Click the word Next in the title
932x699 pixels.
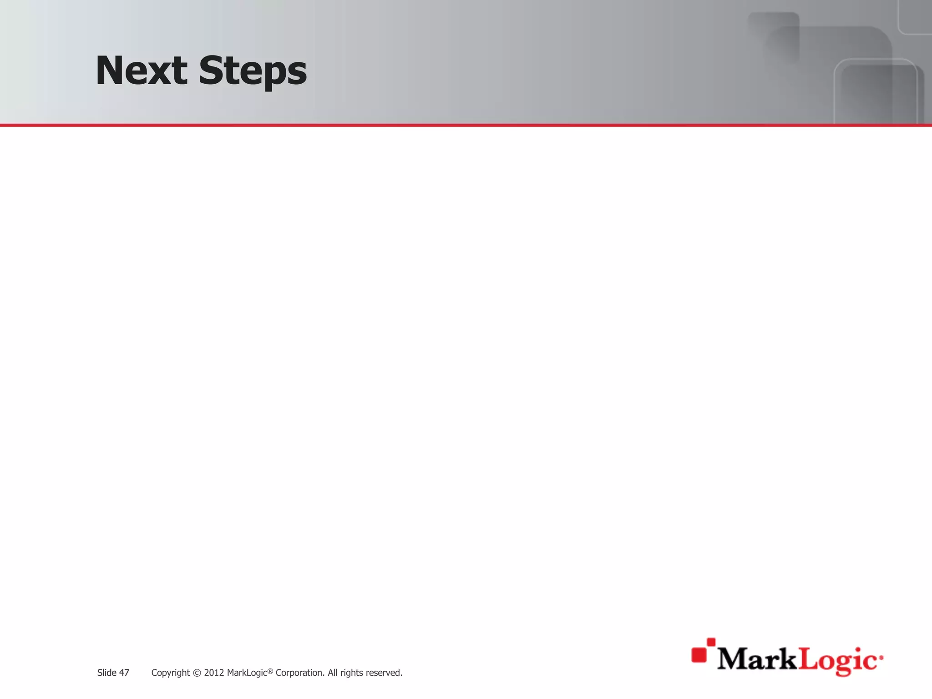[x=141, y=71]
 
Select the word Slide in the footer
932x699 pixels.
[x=106, y=673]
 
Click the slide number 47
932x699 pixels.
[x=124, y=673]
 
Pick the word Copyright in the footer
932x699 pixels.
[x=170, y=673]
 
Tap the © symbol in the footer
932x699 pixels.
[x=197, y=673]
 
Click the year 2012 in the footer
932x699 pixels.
[x=214, y=673]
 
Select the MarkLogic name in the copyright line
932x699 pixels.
[x=247, y=673]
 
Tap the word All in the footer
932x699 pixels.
[x=334, y=673]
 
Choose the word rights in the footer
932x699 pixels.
[x=352, y=673]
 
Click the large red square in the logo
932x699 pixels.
[x=699, y=654]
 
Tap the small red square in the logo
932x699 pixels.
[x=711, y=642]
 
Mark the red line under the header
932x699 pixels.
[x=466, y=125]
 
